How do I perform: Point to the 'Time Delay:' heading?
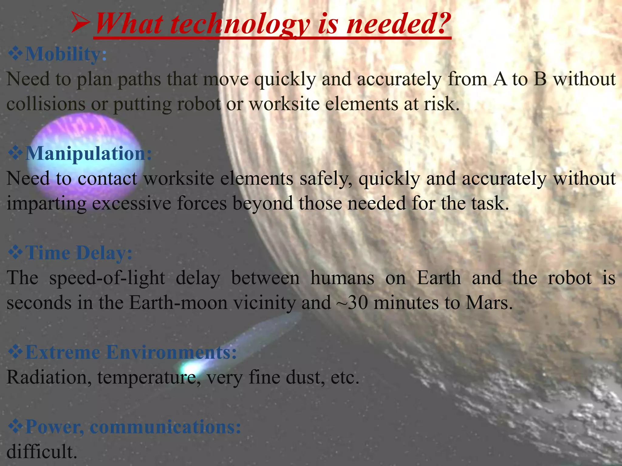point(79,253)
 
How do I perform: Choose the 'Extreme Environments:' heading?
point(131,352)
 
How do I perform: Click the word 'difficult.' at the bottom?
point(42,451)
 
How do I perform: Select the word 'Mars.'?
point(489,302)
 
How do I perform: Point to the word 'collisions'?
point(46,104)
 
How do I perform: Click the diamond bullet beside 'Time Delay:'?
point(15,253)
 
